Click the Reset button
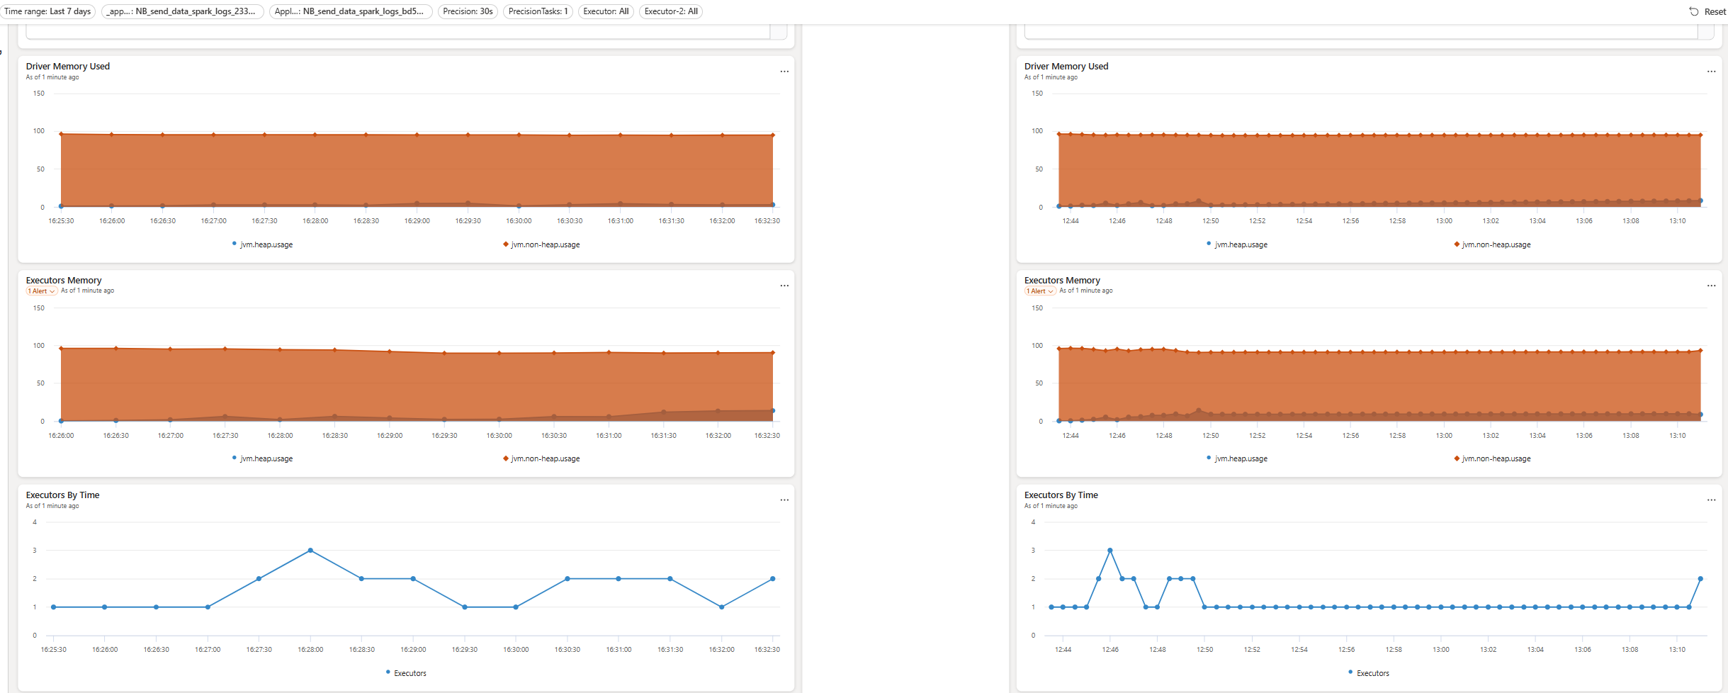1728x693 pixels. [x=1707, y=11]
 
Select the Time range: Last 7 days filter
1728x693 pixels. [x=47, y=11]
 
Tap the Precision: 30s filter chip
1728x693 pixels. [x=468, y=11]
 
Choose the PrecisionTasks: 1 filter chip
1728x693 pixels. [x=538, y=11]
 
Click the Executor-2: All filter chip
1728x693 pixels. [x=671, y=11]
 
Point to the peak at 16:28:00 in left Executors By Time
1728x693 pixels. [x=310, y=551]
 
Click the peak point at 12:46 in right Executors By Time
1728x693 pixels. [x=1109, y=551]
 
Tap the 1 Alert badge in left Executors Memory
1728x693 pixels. [x=42, y=291]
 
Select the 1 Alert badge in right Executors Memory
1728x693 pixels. [x=1040, y=291]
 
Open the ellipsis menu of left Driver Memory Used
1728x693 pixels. [x=784, y=72]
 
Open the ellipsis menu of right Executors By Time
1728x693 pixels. [x=1711, y=500]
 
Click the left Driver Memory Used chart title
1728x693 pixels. [x=68, y=67]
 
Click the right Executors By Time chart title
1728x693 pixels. [x=1061, y=495]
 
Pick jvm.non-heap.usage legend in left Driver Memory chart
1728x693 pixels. [x=541, y=244]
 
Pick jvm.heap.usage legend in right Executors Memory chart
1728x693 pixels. [x=1237, y=458]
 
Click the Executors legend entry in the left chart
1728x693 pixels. [x=406, y=673]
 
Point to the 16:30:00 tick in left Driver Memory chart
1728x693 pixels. [x=519, y=221]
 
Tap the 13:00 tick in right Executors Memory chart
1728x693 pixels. [x=1444, y=436]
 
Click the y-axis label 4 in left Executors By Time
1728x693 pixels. [x=35, y=522]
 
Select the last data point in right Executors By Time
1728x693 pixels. [x=1700, y=579]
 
